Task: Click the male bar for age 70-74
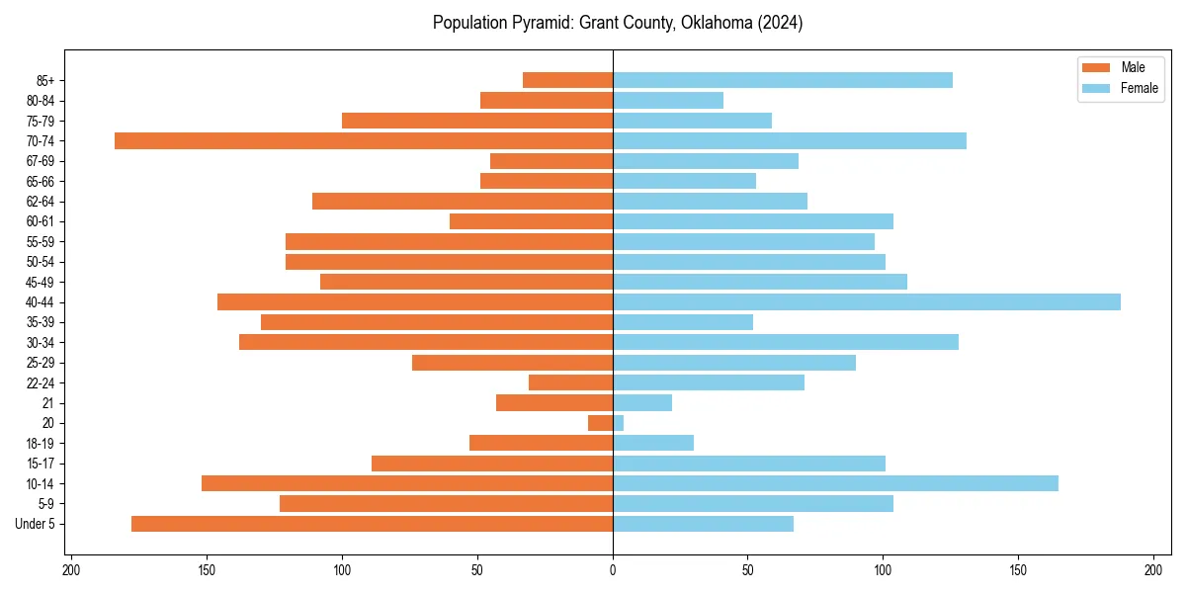364,140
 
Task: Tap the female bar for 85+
783,80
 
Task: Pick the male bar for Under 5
372,523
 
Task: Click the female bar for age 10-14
835,483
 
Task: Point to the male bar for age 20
601,423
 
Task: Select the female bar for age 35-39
683,322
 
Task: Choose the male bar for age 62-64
463,201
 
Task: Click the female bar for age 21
642,402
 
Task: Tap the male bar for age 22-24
570,382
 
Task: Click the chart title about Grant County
618,23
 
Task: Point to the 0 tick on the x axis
613,570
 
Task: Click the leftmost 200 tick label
71,570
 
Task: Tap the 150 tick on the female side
1019,570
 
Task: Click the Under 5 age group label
36,524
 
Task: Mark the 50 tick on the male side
477,570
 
